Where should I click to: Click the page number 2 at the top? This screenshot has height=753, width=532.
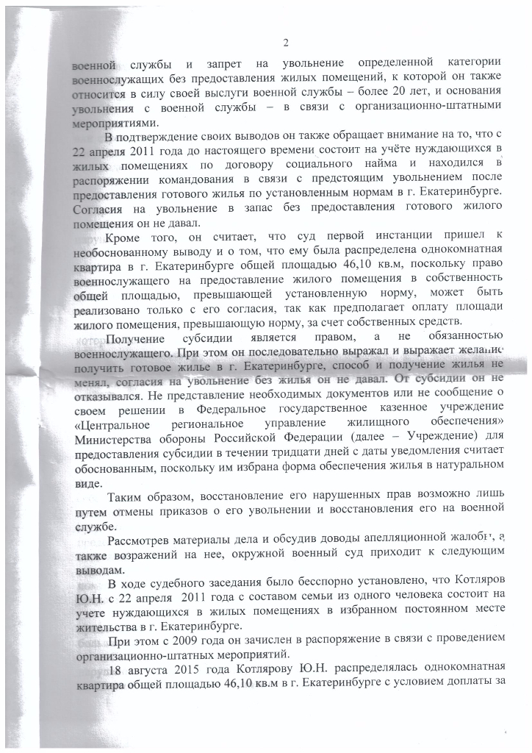click(x=286, y=41)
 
